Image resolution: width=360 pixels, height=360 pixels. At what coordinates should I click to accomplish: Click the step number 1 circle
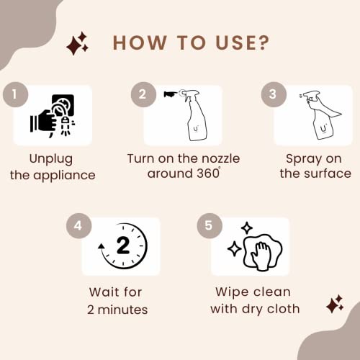pyautogui.click(x=15, y=94)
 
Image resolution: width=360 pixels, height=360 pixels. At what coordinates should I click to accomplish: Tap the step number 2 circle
pyautogui.click(x=143, y=94)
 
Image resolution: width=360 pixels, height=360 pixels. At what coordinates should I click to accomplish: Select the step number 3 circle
pyautogui.click(x=274, y=94)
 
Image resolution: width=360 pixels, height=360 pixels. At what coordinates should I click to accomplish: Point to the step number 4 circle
pyautogui.click(x=78, y=225)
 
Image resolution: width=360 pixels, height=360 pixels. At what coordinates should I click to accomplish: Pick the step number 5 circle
pyautogui.click(x=210, y=225)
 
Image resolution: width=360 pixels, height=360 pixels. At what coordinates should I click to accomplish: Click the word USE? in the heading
pyautogui.click(x=243, y=43)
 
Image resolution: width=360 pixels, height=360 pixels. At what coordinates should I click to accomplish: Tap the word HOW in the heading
pyautogui.click(x=140, y=43)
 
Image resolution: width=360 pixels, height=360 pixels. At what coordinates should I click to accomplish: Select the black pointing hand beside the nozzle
pyautogui.click(x=171, y=94)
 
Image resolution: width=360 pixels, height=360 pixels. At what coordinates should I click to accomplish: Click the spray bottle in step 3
pyautogui.click(x=319, y=114)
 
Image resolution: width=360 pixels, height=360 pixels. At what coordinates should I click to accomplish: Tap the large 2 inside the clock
pyautogui.click(x=123, y=245)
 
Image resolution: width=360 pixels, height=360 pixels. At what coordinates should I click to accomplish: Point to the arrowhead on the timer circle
pyautogui.click(x=101, y=246)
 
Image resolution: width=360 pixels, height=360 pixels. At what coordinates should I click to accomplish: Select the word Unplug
pyautogui.click(x=51, y=159)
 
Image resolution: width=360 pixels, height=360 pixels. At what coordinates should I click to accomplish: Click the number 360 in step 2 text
pyautogui.click(x=207, y=174)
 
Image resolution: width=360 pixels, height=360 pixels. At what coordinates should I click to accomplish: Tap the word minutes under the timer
pyautogui.click(x=122, y=310)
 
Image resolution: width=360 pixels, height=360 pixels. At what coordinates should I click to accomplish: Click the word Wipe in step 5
pyautogui.click(x=232, y=292)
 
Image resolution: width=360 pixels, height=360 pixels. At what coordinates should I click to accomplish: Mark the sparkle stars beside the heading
pyautogui.click(x=77, y=43)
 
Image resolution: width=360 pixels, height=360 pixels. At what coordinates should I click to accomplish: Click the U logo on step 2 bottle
pyautogui.click(x=196, y=129)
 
